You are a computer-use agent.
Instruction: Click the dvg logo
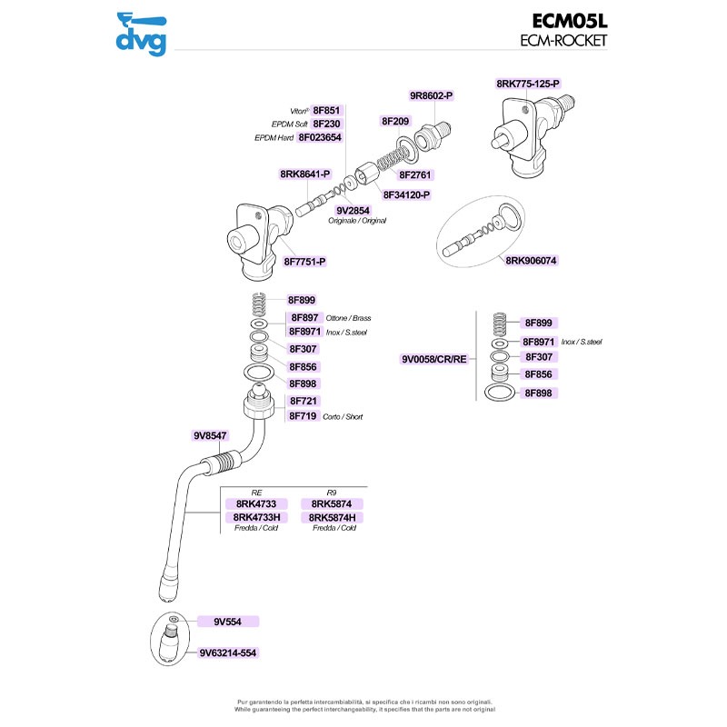point(141,34)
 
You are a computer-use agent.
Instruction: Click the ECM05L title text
point(570,21)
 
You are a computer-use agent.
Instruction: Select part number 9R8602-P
point(431,96)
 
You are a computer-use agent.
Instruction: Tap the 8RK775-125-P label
point(528,84)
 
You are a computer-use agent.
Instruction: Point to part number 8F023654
point(320,138)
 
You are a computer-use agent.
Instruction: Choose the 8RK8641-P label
point(305,174)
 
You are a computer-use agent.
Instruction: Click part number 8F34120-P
point(406,195)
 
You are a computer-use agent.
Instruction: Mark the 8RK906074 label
point(531,261)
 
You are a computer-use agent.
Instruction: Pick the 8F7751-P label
point(304,262)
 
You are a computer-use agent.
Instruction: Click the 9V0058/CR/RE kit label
point(434,359)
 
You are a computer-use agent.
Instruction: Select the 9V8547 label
point(210,436)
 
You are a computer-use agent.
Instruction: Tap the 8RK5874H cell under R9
point(332,517)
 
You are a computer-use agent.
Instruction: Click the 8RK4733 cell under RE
point(256,504)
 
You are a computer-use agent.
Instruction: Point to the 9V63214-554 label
point(228,653)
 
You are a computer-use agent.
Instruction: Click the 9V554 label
point(228,622)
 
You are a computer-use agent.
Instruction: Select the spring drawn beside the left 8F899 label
point(259,304)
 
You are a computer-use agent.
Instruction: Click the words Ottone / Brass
point(348,319)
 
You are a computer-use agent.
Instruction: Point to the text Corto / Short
point(343,417)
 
